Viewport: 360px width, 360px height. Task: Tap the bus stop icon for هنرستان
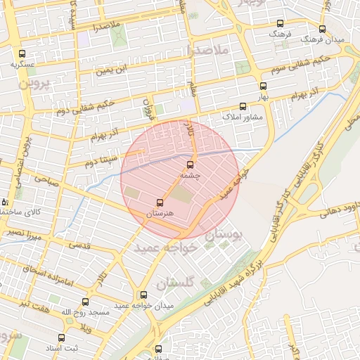(160, 202)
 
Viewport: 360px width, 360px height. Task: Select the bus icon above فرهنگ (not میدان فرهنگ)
(280, 23)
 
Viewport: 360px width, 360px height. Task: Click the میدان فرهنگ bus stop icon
(322, 30)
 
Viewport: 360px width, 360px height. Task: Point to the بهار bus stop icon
(263, 86)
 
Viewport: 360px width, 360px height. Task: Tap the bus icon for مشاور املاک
(243, 107)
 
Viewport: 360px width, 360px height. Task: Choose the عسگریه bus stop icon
(22, 53)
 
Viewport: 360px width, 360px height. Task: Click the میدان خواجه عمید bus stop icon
(144, 295)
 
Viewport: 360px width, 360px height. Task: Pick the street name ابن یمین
(113, 70)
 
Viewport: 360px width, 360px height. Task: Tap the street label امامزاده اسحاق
(58, 276)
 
